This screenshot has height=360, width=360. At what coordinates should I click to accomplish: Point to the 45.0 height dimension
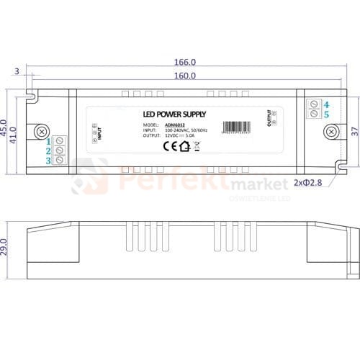point(4,126)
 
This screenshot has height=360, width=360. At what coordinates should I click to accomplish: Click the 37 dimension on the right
point(353,132)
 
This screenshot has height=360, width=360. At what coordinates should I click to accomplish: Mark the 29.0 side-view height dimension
point(4,247)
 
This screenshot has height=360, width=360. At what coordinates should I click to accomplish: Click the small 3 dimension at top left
point(16,71)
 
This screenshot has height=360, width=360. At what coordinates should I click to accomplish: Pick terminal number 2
point(49,150)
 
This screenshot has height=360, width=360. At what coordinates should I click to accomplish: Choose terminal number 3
point(49,161)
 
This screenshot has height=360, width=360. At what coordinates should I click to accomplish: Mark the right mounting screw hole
point(330,132)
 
